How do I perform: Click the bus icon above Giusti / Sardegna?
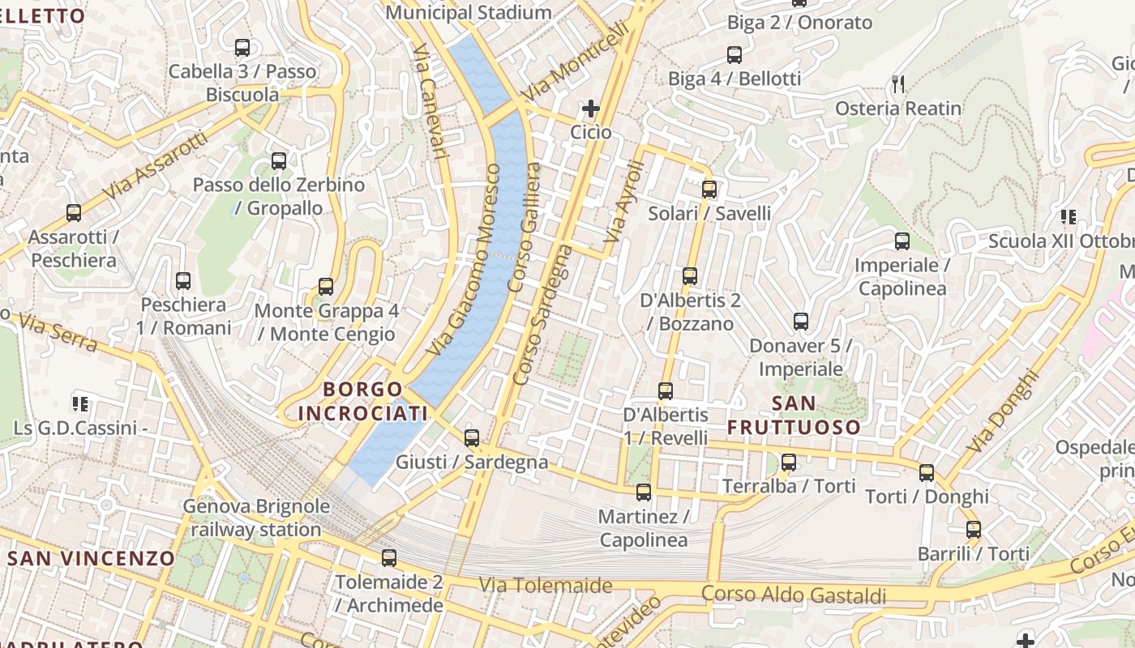[x=472, y=438]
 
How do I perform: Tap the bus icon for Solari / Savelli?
[x=709, y=190]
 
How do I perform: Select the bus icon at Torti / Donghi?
[x=927, y=473]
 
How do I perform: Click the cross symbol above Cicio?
[x=591, y=108]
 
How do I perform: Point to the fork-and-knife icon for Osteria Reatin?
[x=897, y=84]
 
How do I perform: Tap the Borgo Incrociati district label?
[x=362, y=402]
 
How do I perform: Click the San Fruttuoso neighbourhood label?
[x=794, y=415]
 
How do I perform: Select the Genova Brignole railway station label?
[x=256, y=518]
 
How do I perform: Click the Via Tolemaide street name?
[x=545, y=585]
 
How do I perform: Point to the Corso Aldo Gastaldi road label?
[x=794, y=595]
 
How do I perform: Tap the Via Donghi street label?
[x=1003, y=411]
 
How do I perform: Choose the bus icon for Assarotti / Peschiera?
[x=74, y=213]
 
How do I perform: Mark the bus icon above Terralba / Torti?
[x=789, y=463]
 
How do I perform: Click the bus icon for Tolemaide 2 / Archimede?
[x=389, y=557]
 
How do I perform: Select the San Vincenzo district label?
[x=91, y=558]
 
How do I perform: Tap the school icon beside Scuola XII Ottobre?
[x=1068, y=217]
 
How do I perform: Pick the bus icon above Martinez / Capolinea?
[x=644, y=492]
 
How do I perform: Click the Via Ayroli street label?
[x=624, y=202]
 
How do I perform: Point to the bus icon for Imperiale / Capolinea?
[x=902, y=241]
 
